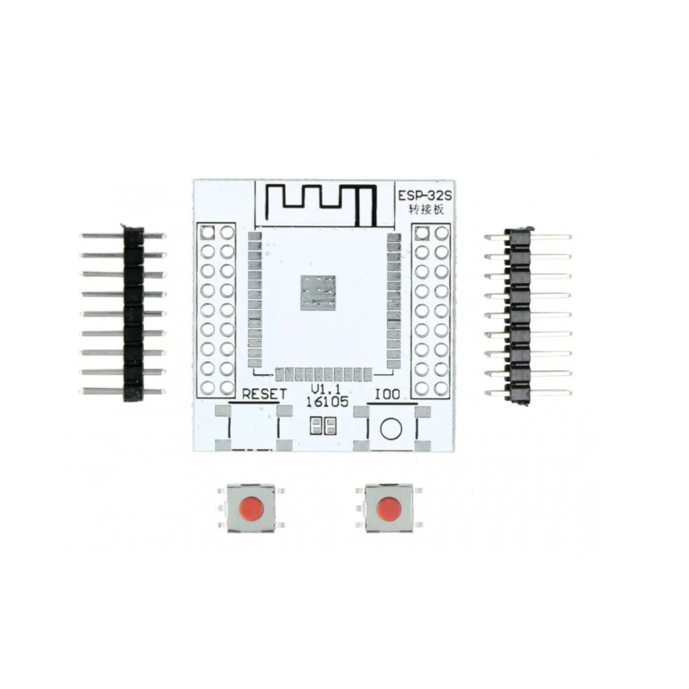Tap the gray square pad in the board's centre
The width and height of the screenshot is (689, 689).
point(318,292)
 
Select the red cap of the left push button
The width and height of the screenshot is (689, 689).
point(251,508)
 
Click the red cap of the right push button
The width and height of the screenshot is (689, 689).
point(389,508)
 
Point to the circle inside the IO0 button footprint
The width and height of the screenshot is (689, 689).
point(391,429)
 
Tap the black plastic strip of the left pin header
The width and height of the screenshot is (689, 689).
point(133,313)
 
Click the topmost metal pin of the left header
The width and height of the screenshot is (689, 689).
point(103,236)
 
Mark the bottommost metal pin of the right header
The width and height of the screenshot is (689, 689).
point(544,393)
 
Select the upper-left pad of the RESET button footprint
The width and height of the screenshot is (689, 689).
point(223,411)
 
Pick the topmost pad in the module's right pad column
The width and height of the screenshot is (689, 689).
point(394,238)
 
